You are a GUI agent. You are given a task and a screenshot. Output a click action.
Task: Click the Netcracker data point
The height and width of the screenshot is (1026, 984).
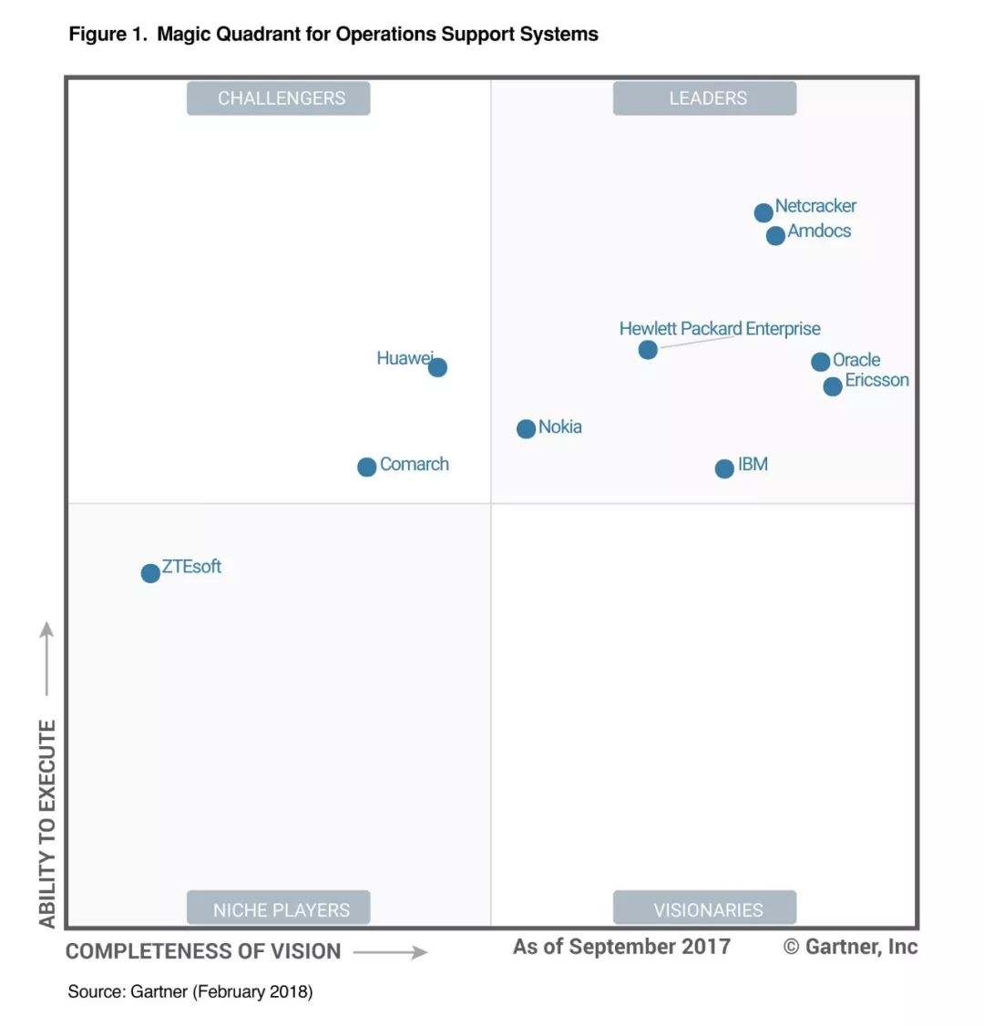coord(764,212)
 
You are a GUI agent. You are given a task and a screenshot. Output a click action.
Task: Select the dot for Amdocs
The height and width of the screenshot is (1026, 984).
coord(775,236)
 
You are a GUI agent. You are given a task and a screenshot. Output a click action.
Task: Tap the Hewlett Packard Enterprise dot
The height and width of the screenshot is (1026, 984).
coord(648,350)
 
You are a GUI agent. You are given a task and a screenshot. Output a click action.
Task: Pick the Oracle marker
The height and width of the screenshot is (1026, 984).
coord(821,362)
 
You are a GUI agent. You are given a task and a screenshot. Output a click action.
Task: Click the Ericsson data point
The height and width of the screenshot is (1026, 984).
coord(833,386)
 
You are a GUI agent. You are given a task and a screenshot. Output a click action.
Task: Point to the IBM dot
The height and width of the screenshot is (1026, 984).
coord(724,468)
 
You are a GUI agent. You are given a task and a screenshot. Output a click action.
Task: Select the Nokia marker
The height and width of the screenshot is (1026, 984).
coord(527,428)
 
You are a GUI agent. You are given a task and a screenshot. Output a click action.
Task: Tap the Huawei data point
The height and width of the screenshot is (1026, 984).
coord(437,367)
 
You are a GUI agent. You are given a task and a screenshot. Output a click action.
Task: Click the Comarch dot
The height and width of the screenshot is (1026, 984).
coord(367,467)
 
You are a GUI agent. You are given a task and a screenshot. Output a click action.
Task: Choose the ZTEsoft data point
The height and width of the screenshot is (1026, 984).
coord(150,573)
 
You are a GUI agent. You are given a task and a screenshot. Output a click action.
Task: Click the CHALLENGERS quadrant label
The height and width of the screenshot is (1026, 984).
coord(279,98)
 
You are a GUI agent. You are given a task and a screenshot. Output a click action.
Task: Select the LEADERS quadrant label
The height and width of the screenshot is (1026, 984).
coord(705,98)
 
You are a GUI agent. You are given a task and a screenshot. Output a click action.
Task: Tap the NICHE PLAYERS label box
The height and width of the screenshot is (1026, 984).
coord(279,908)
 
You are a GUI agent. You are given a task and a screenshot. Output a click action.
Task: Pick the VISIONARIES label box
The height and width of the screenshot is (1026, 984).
coord(705,908)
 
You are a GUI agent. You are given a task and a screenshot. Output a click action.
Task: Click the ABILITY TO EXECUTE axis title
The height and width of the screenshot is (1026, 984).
coord(47,822)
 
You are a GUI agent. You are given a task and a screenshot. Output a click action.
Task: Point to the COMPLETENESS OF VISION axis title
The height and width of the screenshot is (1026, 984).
coord(203,951)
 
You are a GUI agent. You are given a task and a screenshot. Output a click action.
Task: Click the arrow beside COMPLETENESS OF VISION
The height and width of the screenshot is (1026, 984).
coord(390,952)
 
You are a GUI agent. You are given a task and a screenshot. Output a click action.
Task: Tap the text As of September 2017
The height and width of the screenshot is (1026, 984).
coord(621,947)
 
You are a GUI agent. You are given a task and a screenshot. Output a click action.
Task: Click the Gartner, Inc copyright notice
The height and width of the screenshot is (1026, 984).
coord(850,947)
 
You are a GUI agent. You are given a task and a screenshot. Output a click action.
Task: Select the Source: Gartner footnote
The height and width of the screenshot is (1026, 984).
coord(190,991)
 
